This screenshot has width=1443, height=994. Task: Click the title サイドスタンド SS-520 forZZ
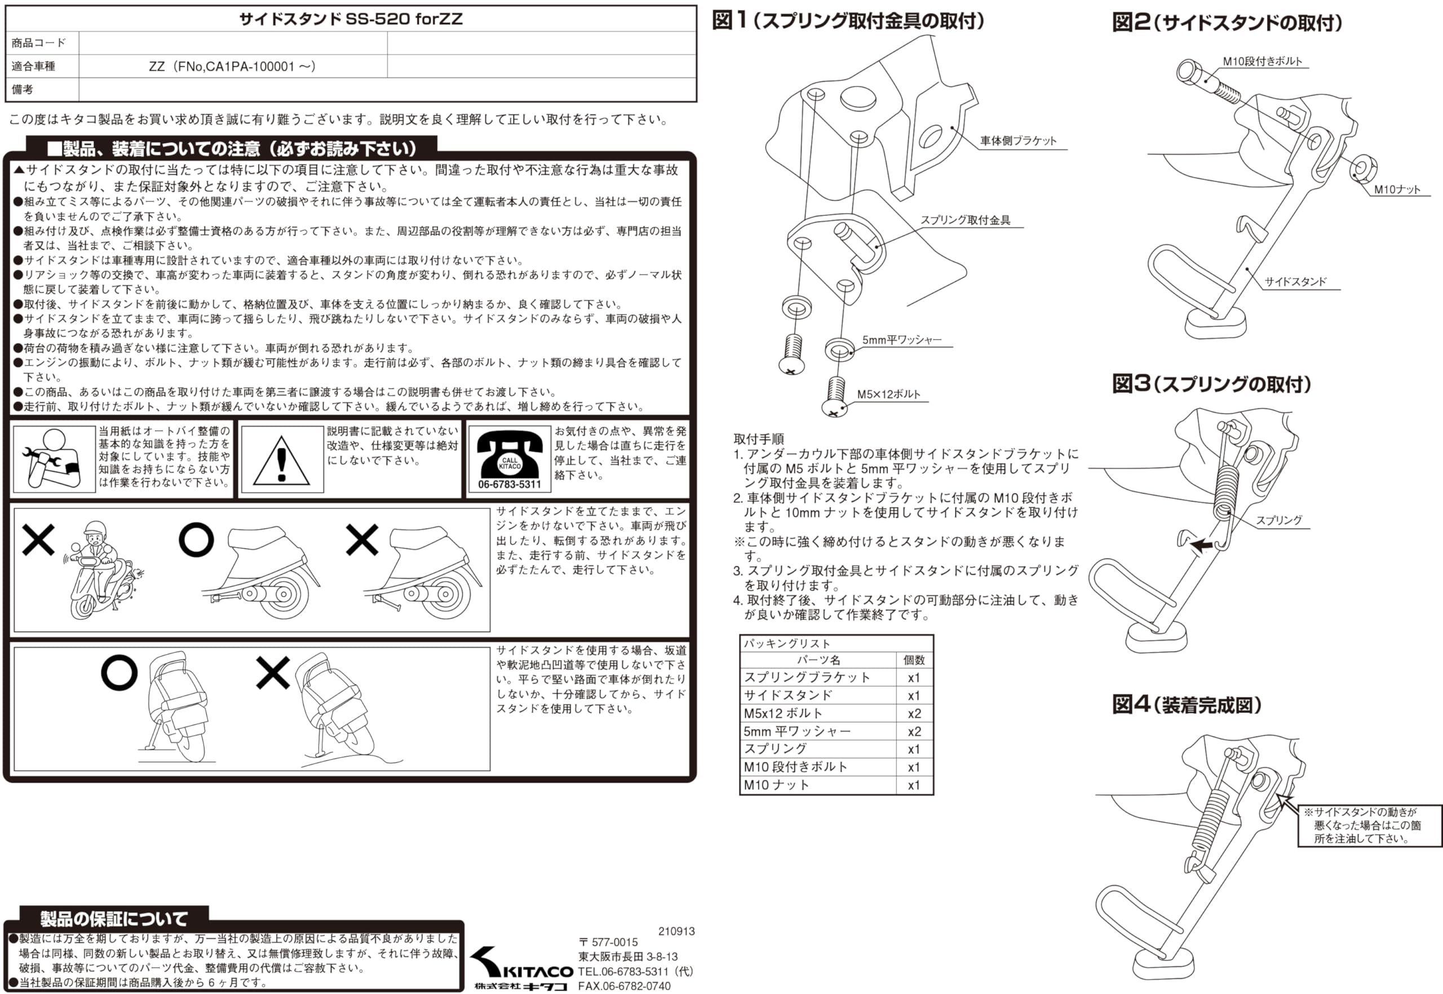pyautogui.click(x=351, y=19)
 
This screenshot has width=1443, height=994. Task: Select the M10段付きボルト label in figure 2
pyautogui.click(x=1262, y=61)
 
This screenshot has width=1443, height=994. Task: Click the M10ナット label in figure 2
pyautogui.click(x=1397, y=189)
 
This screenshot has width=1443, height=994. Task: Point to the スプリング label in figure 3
pyautogui.click(x=1278, y=520)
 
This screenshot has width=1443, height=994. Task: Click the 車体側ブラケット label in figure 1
pyautogui.click(x=1018, y=141)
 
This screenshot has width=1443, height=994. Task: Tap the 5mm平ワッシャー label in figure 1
pyautogui.click(x=901, y=339)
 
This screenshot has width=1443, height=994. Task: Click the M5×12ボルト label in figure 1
pyautogui.click(x=888, y=394)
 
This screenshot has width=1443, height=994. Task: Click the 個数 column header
pyautogui.click(x=914, y=659)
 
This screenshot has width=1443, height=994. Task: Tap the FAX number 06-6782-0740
pyautogui.click(x=625, y=986)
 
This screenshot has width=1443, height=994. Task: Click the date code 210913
pyautogui.click(x=676, y=931)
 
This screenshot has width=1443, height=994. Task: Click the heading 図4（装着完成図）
pyautogui.click(x=1187, y=704)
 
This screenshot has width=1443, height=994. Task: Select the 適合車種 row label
pyautogui.click(x=34, y=66)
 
